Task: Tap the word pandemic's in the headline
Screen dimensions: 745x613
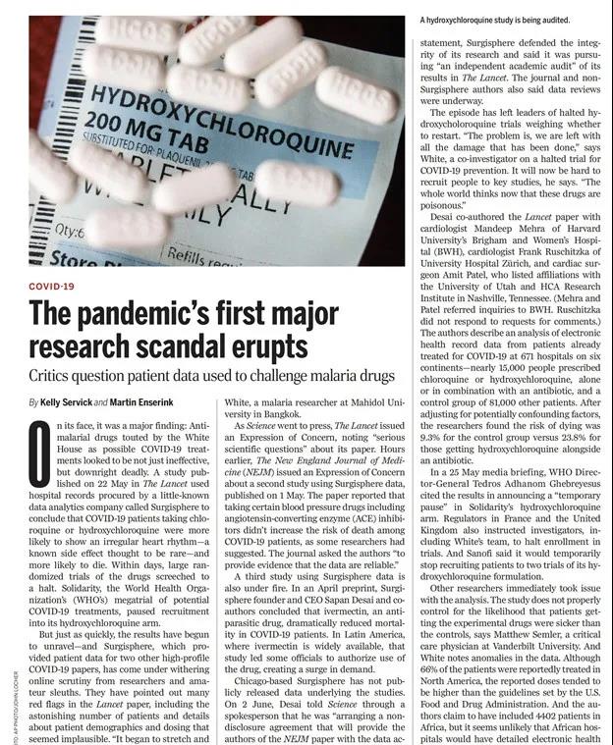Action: tap(127, 313)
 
